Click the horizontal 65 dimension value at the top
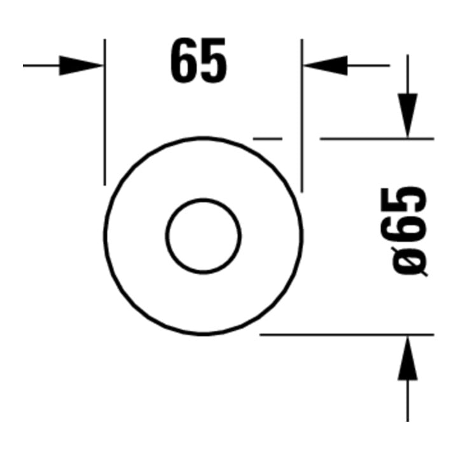[x=198, y=60]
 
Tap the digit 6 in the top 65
[x=184, y=60]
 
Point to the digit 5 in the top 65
[x=213, y=60]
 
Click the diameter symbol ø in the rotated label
[x=410, y=261]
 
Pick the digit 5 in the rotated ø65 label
[x=404, y=200]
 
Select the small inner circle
[x=204, y=236]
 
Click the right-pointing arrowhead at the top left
[x=81, y=66]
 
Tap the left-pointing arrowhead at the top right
[x=325, y=66]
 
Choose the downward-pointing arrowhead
[x=408, y=115]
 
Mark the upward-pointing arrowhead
[x=408, y=358]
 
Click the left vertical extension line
[x=105, y=112]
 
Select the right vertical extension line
[x=302, y=116]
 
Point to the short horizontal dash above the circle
[x=268, y=139]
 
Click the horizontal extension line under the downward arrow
[x=377, y=139]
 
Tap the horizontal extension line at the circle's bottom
[x=347, y=335]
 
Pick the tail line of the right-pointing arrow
[x=41, y=66]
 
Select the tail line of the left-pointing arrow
[x=368, y=66]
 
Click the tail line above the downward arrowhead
[x=408, y=74]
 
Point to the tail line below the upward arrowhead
[x=408, y=401]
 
